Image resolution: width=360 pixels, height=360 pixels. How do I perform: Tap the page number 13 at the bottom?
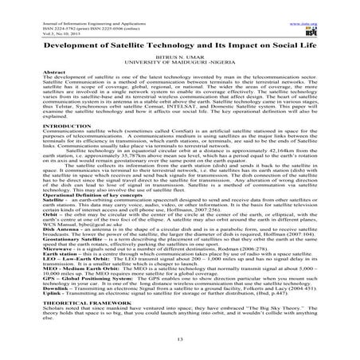180,338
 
